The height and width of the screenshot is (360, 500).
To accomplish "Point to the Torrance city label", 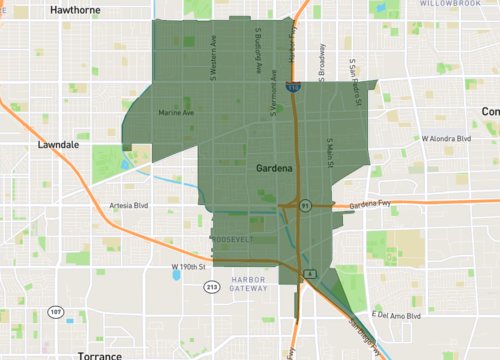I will pos(100,354).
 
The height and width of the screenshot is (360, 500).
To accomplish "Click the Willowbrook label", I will pos(445,4).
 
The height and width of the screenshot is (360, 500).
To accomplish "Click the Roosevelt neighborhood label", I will pos(233,240).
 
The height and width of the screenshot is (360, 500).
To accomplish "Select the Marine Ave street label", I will pos(177,113).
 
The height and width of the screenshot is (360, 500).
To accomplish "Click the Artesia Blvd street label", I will pos(127,205).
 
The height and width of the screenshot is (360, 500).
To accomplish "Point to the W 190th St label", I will pos(188,266).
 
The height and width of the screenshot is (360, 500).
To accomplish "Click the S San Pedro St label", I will pos(353,76).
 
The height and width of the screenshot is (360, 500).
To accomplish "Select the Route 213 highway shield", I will pos(212,287).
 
